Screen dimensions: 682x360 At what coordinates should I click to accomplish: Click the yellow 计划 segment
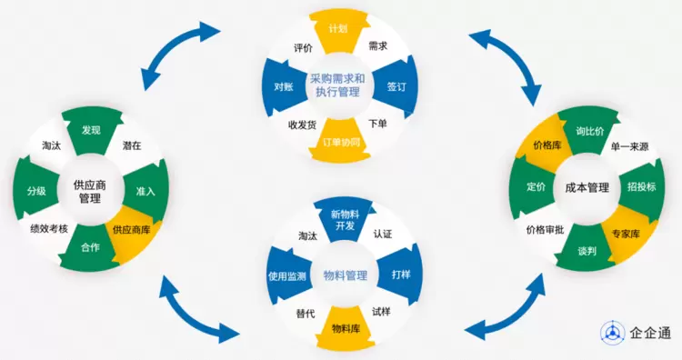tap(339, 30)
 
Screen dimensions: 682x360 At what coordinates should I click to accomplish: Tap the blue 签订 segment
tap(396, 86)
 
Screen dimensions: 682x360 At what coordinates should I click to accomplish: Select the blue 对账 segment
tap(283, 87)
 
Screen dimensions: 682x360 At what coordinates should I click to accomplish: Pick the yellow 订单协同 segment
tap(341, 141)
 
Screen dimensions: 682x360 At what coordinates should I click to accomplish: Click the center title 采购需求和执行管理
tap(338, 85)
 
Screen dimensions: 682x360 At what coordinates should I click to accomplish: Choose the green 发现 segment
tap(91, 130)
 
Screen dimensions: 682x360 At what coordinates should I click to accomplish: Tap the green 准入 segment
tap(145, 191)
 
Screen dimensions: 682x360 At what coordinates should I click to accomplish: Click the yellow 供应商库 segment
tap(131, 231)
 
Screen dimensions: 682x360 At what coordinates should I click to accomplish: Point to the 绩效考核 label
tap(49, 228)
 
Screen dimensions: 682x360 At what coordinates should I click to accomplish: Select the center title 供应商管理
tap(90, 192)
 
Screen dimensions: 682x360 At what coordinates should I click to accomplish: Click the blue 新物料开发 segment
tap(345, 220)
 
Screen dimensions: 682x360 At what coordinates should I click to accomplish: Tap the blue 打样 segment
tap(400, 275)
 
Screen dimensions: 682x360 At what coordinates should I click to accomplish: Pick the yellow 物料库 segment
tap(346, 328)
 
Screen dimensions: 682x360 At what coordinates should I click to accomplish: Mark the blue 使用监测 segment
tap(287, 275)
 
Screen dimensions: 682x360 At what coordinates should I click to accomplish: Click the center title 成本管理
tap(587, 188)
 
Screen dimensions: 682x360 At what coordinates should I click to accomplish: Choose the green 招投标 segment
tap(642, 187)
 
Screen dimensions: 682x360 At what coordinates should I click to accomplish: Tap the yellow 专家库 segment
tap(627, 234)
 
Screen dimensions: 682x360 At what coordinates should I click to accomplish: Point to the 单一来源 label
tap(629, 147)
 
